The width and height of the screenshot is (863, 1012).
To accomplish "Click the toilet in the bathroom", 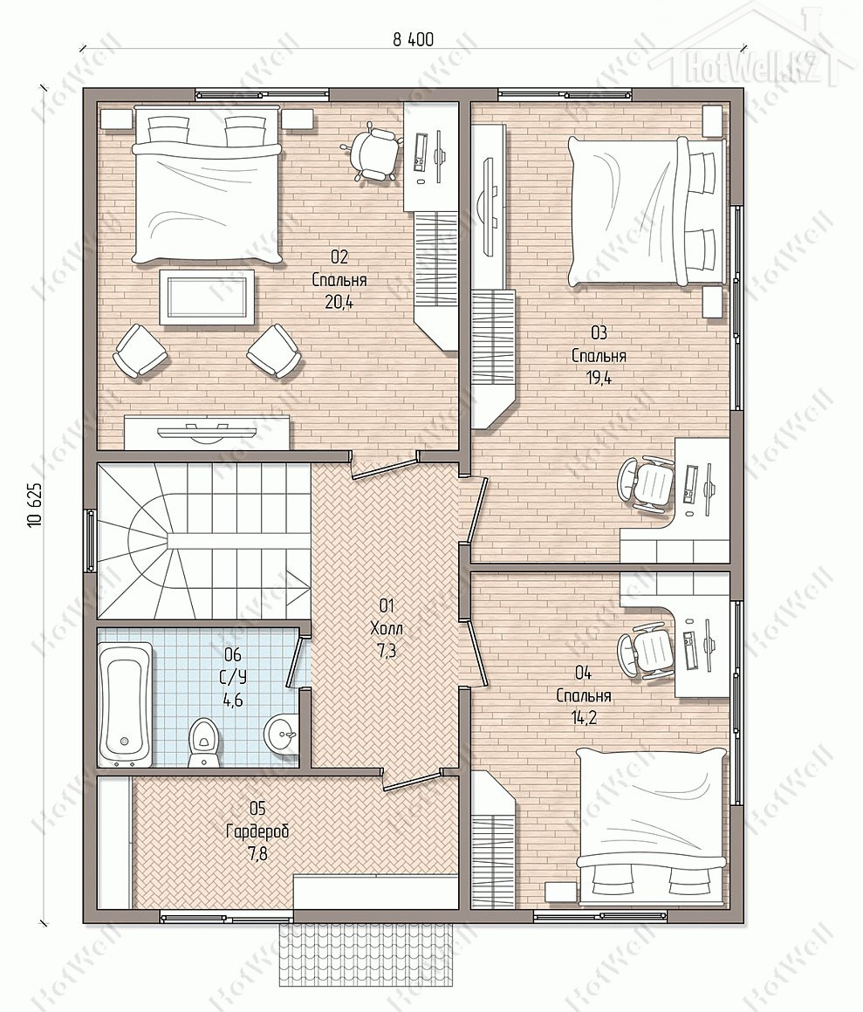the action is click(x=202, y=742).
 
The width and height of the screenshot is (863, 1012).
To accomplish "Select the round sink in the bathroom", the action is click(x=281, y=733).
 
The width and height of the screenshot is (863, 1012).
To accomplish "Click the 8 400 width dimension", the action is click(x=413, y=39).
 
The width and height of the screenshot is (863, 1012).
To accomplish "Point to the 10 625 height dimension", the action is click(x=36, y=504).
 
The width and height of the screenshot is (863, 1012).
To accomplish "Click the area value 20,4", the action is click(x=339, y=301).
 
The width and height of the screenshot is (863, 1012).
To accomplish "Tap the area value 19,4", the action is click(x=599, y=378).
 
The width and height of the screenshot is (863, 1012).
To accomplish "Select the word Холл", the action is click(x=387, y=627).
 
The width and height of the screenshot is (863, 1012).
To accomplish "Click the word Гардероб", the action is click(x=257, y=831).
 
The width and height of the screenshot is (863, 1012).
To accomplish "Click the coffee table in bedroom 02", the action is click(x=207, y=296).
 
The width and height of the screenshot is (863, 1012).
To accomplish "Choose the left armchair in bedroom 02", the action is click(x=140, y=350).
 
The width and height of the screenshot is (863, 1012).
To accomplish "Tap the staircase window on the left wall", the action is click(x=91, y=541).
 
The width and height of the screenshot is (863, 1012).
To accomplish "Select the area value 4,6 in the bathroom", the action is click(x=232, y=700).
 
